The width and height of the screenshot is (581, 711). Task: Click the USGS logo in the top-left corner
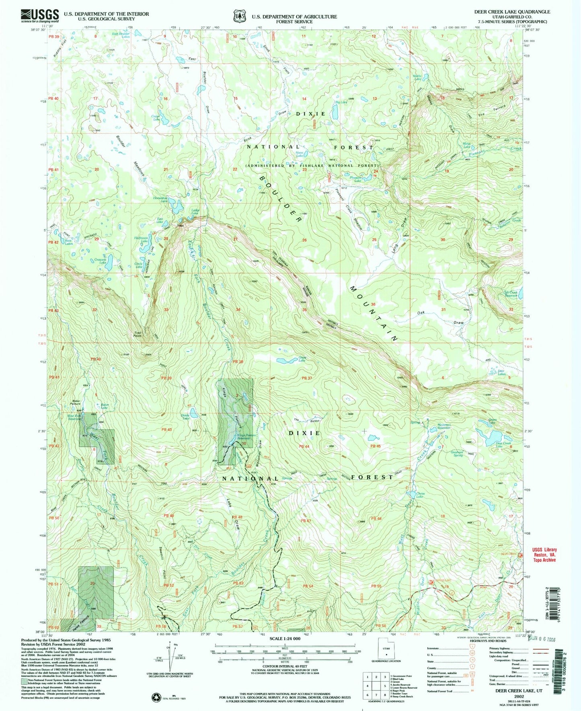pos(40,16)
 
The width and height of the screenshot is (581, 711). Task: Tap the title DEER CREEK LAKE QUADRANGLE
pos(512,12)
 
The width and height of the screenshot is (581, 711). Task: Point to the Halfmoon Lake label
pos(141,239)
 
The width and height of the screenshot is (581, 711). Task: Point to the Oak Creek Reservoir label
pos(510,294)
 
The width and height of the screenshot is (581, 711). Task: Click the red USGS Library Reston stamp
pos(544,555)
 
